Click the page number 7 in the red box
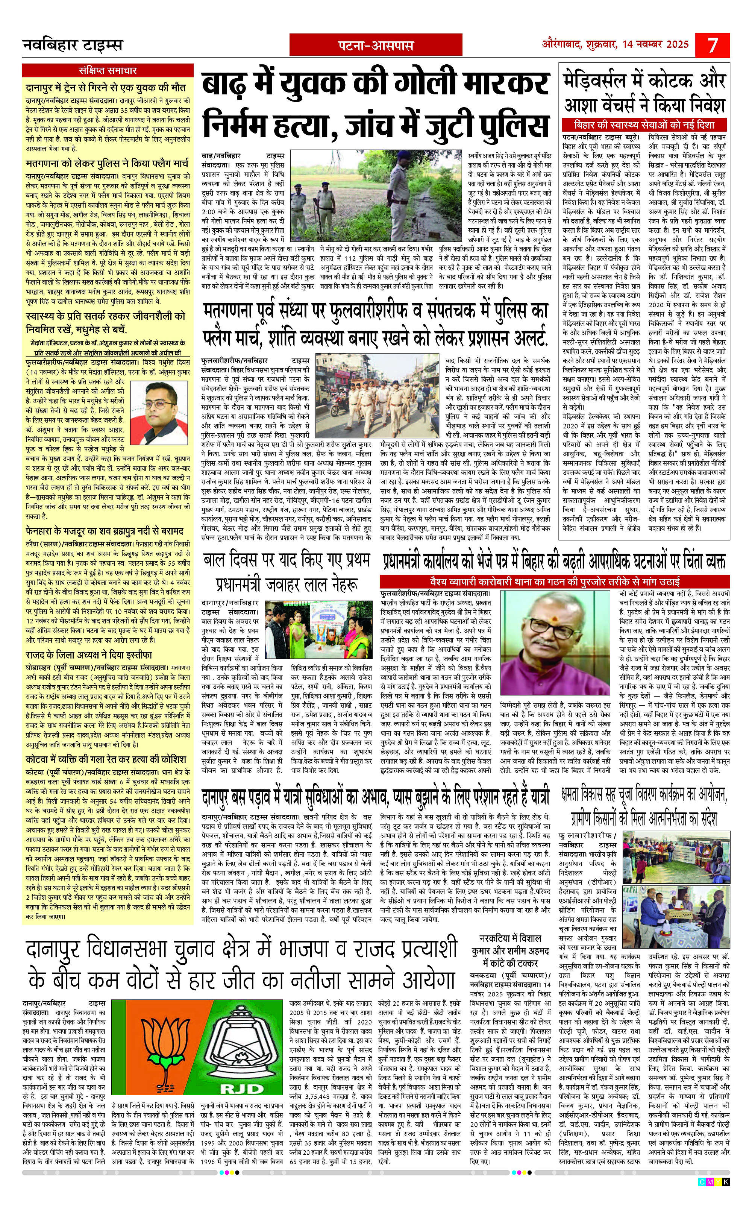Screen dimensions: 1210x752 (713, 45)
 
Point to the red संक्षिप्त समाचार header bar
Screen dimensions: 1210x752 (108, 70)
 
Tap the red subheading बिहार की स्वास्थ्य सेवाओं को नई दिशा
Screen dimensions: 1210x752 (644, 124)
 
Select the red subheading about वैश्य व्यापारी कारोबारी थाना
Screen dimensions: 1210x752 (555, 581)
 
